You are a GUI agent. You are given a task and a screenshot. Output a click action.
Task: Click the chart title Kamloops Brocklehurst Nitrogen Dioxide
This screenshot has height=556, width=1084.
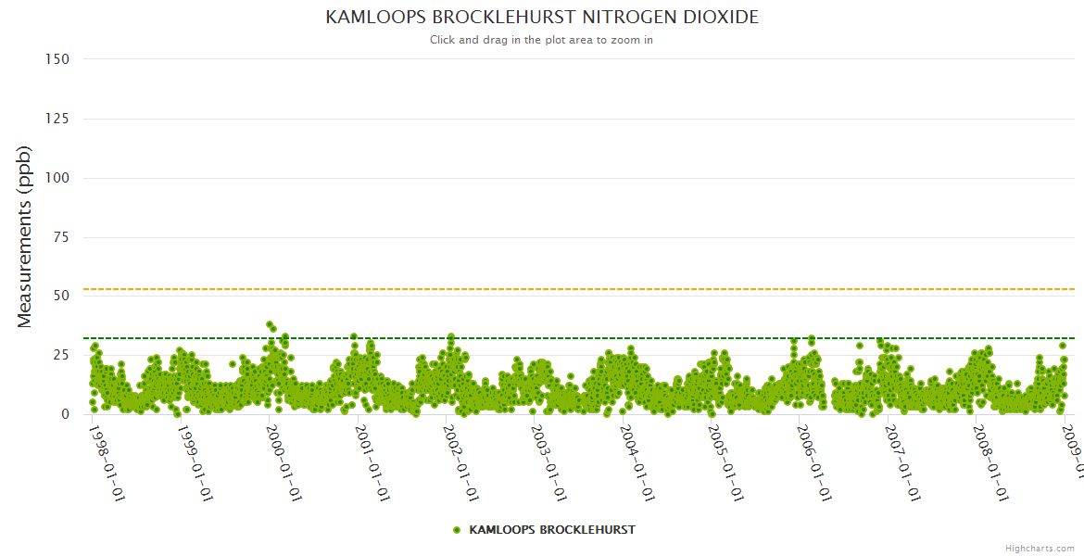pos(542,18)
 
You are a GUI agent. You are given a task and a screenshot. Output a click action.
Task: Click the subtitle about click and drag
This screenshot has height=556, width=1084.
pos(542,40)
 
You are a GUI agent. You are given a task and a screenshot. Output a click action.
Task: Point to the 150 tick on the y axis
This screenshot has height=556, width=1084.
pos(57,59)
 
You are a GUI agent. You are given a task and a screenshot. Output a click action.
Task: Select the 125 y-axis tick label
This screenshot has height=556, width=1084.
pos(57,119)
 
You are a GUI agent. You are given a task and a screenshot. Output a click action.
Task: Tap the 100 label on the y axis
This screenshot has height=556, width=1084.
pos(57,178)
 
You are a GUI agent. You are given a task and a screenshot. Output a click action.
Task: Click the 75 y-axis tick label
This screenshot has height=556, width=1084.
pos(61,237)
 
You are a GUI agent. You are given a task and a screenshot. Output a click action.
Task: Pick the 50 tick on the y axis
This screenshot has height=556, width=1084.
pos(61,297)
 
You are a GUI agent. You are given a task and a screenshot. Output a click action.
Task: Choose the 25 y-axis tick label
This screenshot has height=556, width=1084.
pos(61,356)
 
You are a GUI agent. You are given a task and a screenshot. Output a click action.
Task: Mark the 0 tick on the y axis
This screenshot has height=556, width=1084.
pos(65,415)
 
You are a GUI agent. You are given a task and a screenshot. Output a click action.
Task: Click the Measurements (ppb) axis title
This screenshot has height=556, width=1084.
pos(25,236)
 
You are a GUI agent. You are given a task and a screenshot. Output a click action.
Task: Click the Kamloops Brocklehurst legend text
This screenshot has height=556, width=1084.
pos(552,530)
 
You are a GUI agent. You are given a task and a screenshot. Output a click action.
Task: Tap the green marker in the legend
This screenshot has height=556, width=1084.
pos(456,530)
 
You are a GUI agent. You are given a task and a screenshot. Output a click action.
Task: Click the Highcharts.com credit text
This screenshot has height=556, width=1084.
pos(1040,548)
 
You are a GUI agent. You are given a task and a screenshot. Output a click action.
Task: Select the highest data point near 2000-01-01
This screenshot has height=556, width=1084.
pos(270,325)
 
